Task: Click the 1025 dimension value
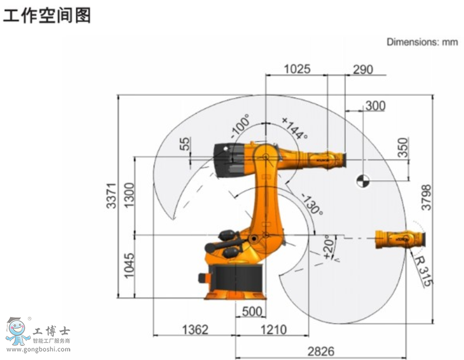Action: click(x=297, y=69)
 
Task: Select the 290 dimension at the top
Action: click(x=363, y=69)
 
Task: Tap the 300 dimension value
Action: click(x=375, y=106)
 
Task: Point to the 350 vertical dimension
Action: click(x=403, y=148)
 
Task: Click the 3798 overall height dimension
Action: click(x=427, y=198)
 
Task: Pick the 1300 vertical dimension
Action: click(x=129, y=196)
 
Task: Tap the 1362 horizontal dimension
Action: click(x=194, y=329)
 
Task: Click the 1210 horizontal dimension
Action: click(x=273, y=329)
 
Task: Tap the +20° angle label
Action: click(x=328, y=247)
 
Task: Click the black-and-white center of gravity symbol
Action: click(x=362, y=181)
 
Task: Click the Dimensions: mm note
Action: click(x=422, y=42)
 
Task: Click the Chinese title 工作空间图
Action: click(x=47, y=15)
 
